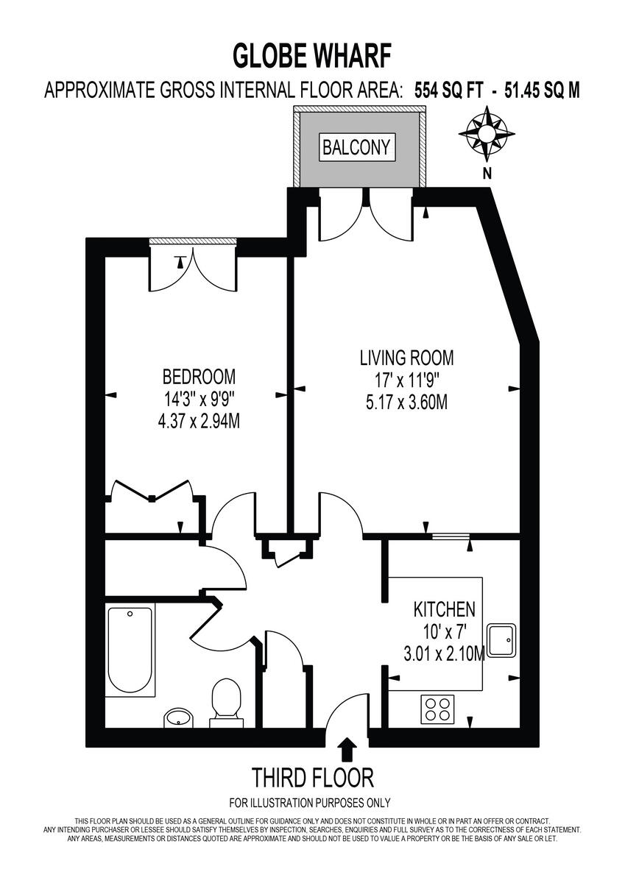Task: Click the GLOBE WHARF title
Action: tap(312, 55)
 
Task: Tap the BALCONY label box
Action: tap(356, 146)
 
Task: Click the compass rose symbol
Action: tap(487, 134)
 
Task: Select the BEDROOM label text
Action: tap(199, 377)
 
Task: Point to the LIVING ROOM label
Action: tap(406, 358)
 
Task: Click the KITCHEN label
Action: tap(444, 609)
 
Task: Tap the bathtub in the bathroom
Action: tap(130, 650)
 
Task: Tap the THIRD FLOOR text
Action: tap(313, 777)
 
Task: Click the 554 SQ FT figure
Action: tap(448, 91)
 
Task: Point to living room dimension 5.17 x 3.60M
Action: tap(406, 403)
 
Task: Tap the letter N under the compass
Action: tap(487, 174)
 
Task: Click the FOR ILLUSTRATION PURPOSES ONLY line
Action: tap(310, 803)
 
